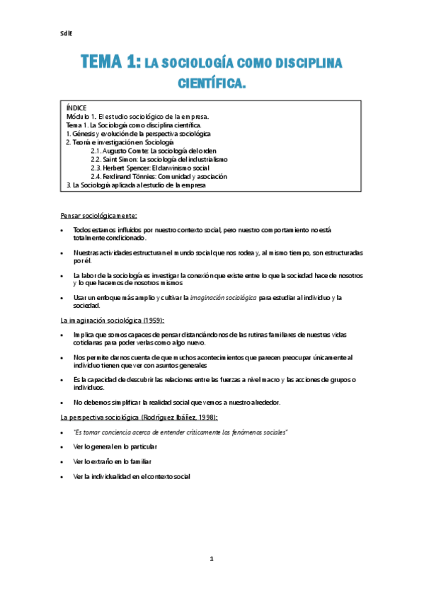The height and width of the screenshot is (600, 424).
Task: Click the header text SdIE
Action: [67, 33]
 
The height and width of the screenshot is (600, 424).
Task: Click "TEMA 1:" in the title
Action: [110, 63]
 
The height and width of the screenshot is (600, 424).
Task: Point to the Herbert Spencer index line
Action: [161, 168]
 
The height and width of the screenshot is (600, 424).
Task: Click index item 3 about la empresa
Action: [135, 185]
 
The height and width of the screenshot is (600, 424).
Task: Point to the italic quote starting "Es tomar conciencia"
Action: [181, 432]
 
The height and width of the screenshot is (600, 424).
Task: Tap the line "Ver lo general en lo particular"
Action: [115, 446]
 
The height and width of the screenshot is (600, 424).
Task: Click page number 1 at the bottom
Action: [211, 559]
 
